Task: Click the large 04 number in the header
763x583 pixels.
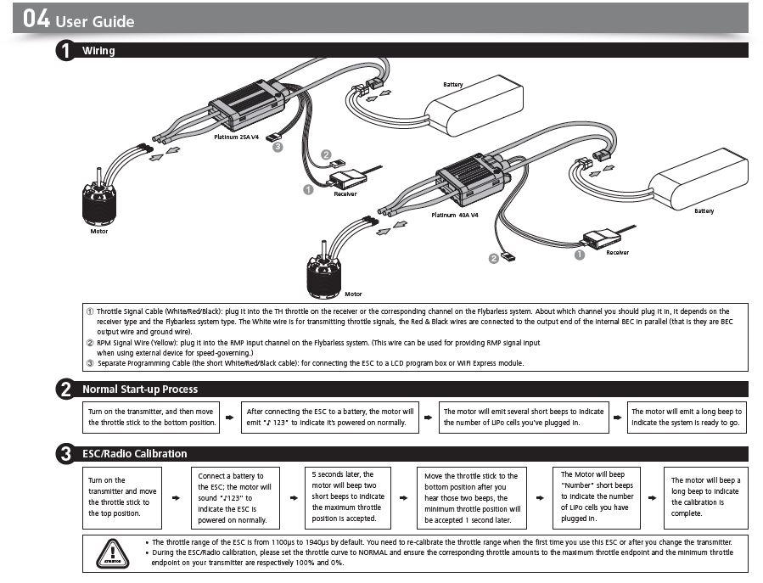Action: [36, 19]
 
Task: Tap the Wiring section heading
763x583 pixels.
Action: [98, 51]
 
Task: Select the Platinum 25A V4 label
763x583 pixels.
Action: [236, 137]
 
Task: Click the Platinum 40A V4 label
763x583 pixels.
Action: [455, 216]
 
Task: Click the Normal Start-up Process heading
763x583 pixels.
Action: [140, 390]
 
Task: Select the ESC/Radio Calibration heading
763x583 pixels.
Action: [134, 454]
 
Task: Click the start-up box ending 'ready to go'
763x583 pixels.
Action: [687, 417]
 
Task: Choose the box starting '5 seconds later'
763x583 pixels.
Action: [348, 496]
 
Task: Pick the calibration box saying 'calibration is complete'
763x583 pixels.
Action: [704, 496]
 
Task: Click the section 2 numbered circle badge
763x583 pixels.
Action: [65, 390]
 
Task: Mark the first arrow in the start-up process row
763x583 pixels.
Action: [230, 418]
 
